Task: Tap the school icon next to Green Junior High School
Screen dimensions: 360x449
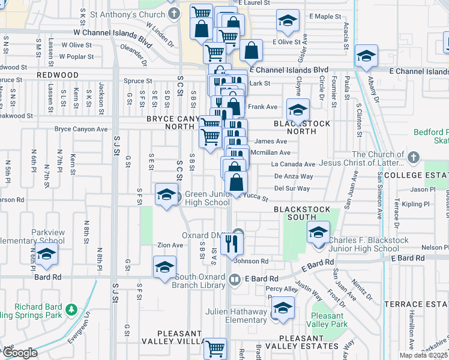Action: coord(166,194)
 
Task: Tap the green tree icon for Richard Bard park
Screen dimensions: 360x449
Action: coord(71,310)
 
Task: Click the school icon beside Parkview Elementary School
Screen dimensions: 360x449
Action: coord(46,254)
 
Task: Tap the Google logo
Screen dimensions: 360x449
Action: coord(19,352)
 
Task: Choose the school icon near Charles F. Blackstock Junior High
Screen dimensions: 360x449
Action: coord(319,233)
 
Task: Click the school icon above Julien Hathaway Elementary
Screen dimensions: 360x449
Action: coord(283,308)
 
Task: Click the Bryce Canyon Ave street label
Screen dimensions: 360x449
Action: coord(81,129)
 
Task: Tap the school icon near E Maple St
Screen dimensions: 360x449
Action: coord(288,21)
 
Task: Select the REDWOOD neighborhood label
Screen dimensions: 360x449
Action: coord(57,74)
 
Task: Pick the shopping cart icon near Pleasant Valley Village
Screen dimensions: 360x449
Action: coord(215,347)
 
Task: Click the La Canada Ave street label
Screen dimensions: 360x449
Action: coord(293,164)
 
